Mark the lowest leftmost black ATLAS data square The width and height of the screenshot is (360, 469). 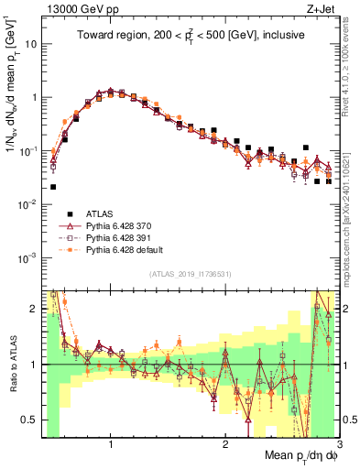point(53,187)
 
